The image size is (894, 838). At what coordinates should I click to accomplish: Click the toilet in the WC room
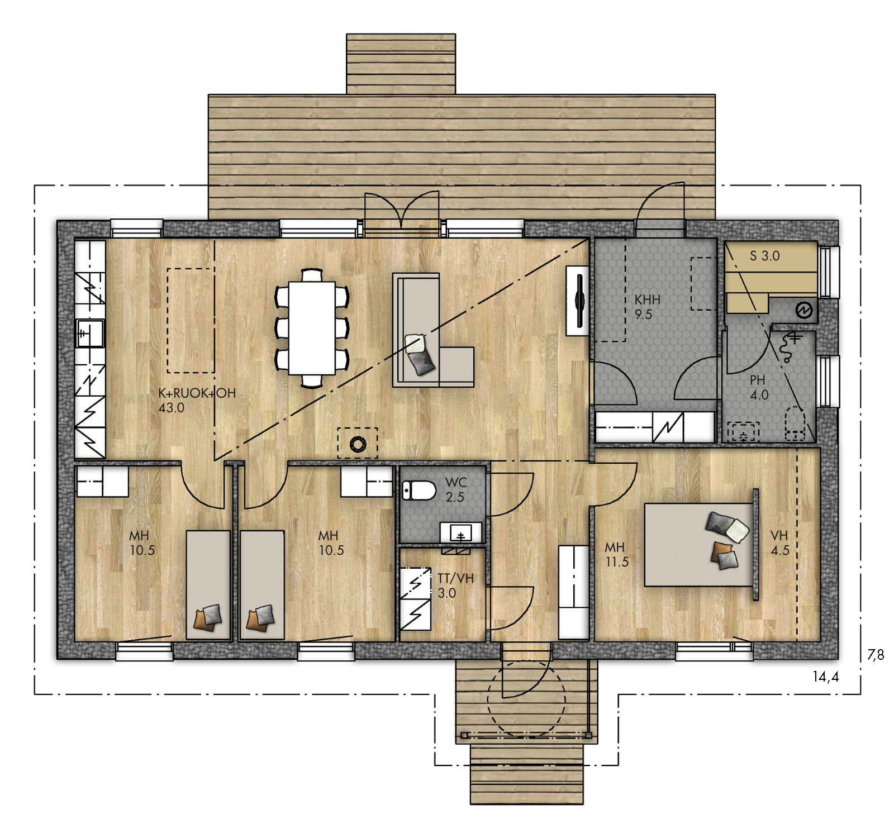point(419,491)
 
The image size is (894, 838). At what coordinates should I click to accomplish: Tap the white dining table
point(311,328)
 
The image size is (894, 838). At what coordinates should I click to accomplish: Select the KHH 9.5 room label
point(647,307)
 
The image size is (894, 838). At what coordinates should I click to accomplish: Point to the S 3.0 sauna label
point(764,256)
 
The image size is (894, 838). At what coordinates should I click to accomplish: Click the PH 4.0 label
point(758,387)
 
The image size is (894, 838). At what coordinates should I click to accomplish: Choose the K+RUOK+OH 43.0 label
point(197,400)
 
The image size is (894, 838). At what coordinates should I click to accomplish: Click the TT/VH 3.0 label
point(455,585)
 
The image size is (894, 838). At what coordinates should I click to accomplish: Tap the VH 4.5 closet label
point(779,543)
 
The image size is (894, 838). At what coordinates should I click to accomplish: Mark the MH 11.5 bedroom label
point(616,555)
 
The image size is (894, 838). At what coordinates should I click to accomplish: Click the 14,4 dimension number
point(826,677)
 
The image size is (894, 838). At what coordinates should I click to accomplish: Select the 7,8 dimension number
point(876,655)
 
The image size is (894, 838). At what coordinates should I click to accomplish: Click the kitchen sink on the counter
point(89,333)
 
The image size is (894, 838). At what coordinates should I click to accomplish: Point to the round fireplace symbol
point(357,444)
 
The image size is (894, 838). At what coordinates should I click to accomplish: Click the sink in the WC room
point(461,533)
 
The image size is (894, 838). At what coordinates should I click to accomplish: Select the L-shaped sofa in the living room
point(432,330)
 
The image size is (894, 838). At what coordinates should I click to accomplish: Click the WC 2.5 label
point(455,489)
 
